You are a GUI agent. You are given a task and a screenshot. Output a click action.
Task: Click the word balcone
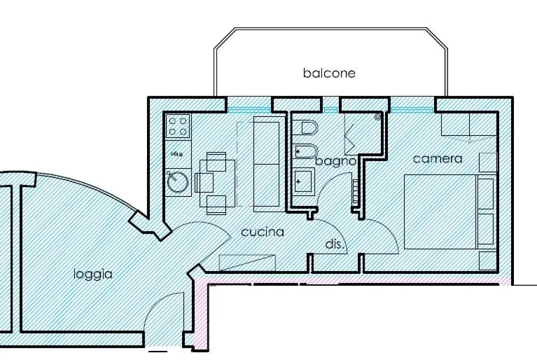pyautogui.click(x=329, y=73)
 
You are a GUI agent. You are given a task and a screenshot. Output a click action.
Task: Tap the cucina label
pyautogui.click(x=263, y=231)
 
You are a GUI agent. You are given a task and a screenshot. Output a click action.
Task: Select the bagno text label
pyautogui.click(x=336, y=162)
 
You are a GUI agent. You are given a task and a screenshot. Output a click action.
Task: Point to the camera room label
pyautogui.click(x=438, y=159)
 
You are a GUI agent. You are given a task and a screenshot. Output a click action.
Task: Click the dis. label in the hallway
pyautogui.click(x=333, y=244)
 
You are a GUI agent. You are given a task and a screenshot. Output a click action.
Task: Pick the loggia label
pyautogui.click(x=93, y=274)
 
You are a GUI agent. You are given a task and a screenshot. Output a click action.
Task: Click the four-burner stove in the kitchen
pyautogui.click(x=178, y=126)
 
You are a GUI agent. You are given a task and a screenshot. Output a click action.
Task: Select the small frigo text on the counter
pyautogui.click(x=177, y=152)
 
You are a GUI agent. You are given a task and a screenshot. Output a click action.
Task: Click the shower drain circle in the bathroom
pyautogui.click(x=378, y=118)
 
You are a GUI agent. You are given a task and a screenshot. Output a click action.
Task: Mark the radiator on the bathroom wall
pyautogui.click(x=356, y=192)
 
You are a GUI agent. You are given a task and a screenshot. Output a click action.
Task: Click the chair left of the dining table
pyautogui.click(x=204, y=183)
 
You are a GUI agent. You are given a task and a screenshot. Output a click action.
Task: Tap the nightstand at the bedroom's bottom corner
pyautogui.click(x=487, y=260)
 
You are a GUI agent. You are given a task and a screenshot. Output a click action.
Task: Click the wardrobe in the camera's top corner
pyautogui.click(x=468, y=125)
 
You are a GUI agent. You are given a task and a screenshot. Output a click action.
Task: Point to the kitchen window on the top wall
pyautogui.click(x=249, y=108)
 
